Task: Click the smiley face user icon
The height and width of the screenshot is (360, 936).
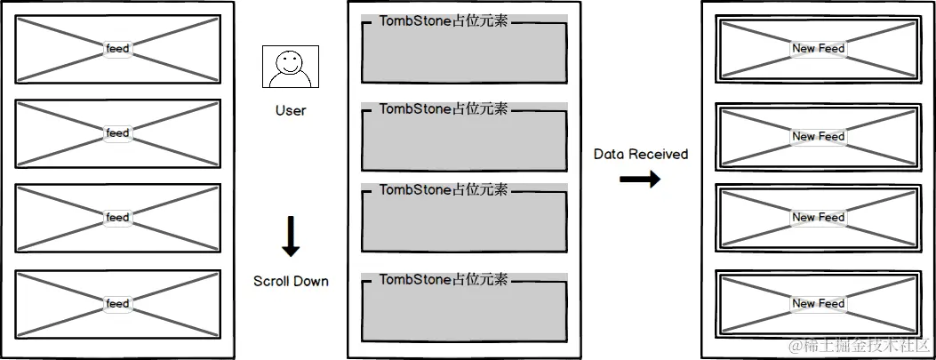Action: [290, 68]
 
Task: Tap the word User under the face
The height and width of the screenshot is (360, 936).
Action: [290, 110]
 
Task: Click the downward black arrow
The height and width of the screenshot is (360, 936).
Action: [291, 236]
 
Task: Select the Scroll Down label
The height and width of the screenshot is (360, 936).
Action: [291, 281]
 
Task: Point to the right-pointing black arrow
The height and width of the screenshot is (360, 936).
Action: [640, 180]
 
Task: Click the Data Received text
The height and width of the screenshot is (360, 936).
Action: [641, 154]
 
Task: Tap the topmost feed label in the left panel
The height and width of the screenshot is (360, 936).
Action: [117, 48]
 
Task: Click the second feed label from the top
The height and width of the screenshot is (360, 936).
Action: [117, 133]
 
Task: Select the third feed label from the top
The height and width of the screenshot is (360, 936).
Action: [117, 218]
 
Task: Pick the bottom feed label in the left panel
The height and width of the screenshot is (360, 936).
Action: [117, 304]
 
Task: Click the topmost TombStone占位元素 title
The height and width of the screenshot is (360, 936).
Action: [444, 20]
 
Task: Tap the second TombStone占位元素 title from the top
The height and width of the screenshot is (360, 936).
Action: [444, 108]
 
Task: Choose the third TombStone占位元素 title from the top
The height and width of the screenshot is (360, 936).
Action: [444, 189]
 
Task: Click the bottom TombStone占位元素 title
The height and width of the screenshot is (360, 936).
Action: [444, 279]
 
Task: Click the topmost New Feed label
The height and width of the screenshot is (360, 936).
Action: [818, 48]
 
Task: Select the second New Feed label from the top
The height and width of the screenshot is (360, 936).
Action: [818, 136]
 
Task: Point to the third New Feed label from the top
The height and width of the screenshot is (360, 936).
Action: [818, 218]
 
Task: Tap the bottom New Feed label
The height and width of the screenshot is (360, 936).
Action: [818, 304]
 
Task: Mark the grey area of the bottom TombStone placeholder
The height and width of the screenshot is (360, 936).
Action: [463, 312]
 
